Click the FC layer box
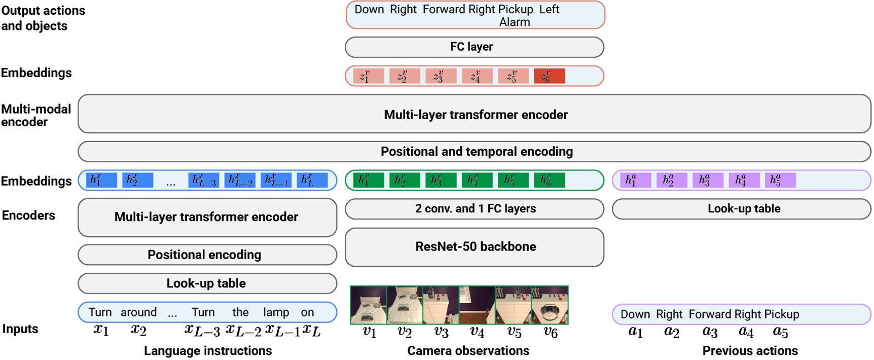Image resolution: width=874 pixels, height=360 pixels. point(474,47)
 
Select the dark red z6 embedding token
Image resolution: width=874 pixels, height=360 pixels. point(549,77)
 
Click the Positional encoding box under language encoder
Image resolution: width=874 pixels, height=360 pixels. point(207,255)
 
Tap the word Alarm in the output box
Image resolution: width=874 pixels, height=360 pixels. point(514,22)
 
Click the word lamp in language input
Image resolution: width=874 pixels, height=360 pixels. point(276,312)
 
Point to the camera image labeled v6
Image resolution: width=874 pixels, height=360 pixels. point(550,305)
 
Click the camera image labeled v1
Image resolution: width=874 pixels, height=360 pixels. point(369,305)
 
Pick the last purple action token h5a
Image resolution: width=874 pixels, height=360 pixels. point(780,180)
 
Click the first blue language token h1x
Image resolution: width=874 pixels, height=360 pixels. point(101,180)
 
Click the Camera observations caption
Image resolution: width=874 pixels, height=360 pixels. point(467,351)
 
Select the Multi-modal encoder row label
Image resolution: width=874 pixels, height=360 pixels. point(35,116)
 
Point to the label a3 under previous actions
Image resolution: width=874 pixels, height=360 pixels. point(709,332)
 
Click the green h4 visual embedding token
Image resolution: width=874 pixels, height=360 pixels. point(477,180)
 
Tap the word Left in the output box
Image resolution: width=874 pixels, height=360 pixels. point(549,10)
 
